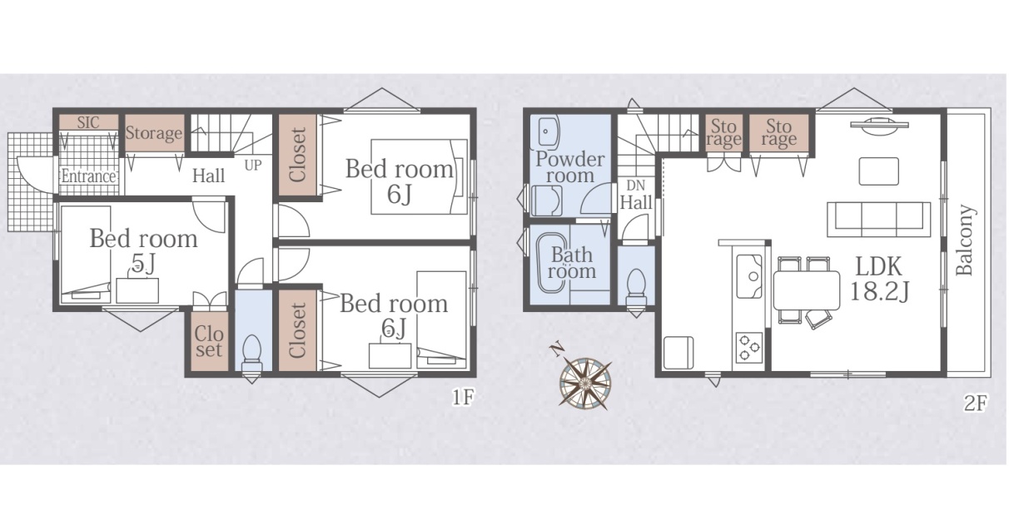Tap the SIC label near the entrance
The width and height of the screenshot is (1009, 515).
pos(88,122)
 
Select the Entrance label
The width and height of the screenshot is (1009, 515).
pos(89,176)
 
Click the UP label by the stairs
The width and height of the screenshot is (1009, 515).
pos(253,166)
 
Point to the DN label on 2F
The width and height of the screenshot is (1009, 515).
pos(635,185)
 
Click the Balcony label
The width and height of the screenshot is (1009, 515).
pos(964,240)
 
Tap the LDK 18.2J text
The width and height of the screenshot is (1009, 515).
pos(879,279)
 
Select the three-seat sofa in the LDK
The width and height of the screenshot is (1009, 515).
pos(879,220)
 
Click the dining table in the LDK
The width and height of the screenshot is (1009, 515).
pos(807,290)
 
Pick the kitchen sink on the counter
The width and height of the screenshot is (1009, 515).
pos(749,276)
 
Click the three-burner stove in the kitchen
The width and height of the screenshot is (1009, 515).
pos(749,348)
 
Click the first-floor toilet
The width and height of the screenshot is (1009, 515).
pos(252,353)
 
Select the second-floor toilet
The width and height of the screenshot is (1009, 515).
pos(636,287)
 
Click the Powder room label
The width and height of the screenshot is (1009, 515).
pos(570,167)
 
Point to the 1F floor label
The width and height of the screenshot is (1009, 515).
pos(463,398)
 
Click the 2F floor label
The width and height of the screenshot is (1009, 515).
pos(976,403)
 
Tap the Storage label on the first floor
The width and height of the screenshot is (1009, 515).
pos(154,133)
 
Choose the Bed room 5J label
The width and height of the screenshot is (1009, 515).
pos(144,250)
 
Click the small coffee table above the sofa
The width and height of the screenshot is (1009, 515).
pos(879,171)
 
